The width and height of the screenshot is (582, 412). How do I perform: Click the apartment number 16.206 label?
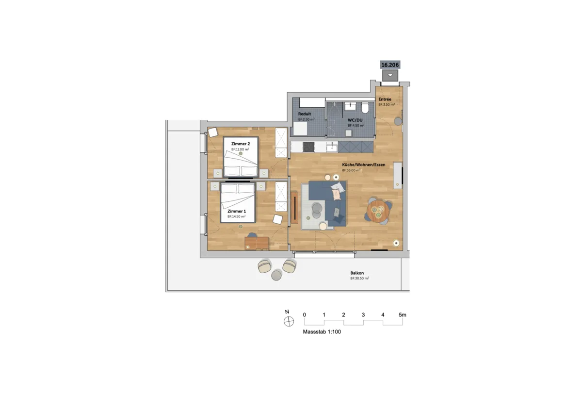coord(390,65)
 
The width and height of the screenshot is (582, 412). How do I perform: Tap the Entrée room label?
coord(385,99)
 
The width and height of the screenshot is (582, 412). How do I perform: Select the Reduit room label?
coord(305,114)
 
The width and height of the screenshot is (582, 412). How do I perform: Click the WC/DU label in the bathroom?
coord(355,120)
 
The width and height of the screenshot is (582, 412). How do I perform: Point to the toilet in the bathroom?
coord(365,108)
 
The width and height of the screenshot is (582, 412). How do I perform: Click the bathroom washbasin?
coord(351,106)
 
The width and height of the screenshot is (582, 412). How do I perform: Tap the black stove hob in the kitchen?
coord(308,147)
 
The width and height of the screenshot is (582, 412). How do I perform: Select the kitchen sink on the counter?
coord(332,148)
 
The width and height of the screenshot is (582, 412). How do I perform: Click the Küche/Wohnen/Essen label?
coord(363,165)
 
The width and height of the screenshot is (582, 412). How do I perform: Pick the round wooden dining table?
coord(378,211)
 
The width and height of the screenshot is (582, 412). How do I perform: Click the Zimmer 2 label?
coord(241,144)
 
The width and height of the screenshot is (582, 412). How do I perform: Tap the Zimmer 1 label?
coord(237,211)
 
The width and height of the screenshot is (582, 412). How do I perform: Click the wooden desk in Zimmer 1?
coord(257,243)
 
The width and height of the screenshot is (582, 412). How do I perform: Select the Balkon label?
coord(357,273)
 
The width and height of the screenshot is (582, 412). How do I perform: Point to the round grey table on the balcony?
coord(276,275)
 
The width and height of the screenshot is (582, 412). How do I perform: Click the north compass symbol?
coord(289,322)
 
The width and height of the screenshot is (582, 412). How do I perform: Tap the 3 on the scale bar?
coord(363,315)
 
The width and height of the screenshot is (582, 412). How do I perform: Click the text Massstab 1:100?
coord(322,331)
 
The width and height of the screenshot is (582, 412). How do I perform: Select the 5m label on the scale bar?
coord(403,315)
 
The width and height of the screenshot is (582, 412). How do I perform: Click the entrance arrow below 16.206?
coord(390,75)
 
